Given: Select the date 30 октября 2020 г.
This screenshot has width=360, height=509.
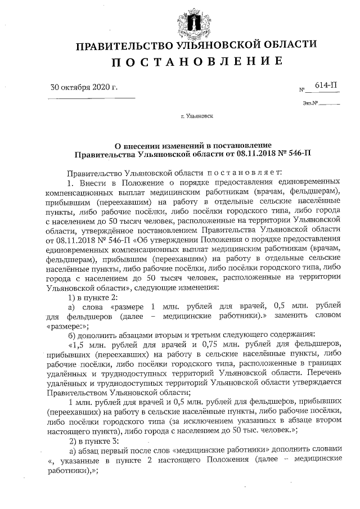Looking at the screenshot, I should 84,87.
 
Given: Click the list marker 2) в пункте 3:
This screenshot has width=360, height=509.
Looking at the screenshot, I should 92,442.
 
